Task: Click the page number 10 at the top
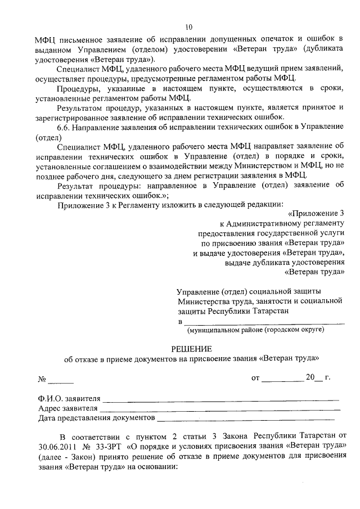click(188, 27)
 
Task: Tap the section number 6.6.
click(66, 127)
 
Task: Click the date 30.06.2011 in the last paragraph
click(55, 447)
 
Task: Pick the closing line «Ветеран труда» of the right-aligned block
click(314, 272)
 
